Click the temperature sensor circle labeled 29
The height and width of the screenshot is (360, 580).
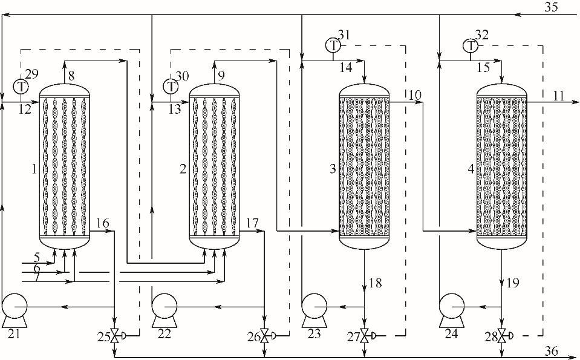click(21, 87)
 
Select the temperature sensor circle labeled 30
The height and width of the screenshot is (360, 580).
click(171, 87)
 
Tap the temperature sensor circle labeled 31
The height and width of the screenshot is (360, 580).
click(333, 45)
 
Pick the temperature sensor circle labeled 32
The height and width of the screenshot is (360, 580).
click(470, 45)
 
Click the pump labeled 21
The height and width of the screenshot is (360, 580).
click(15, 310)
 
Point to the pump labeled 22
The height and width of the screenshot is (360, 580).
click(165, 310)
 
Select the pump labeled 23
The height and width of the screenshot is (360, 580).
click(314, 310)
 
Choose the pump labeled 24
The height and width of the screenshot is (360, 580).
click(451, 310)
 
